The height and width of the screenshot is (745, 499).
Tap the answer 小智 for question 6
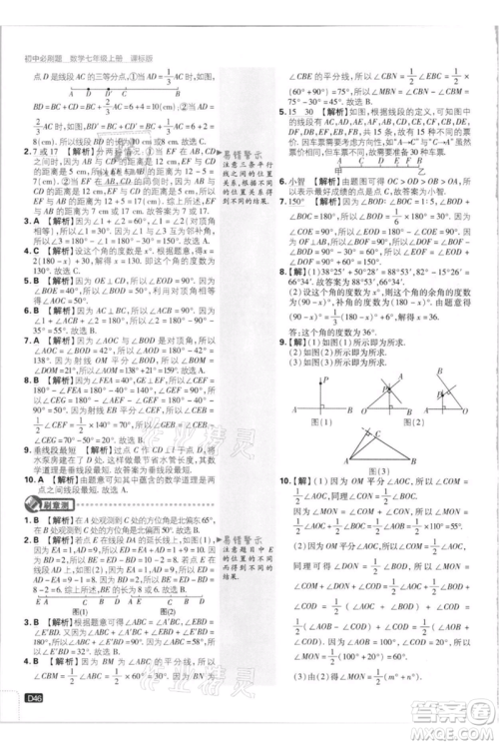[298, 182]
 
